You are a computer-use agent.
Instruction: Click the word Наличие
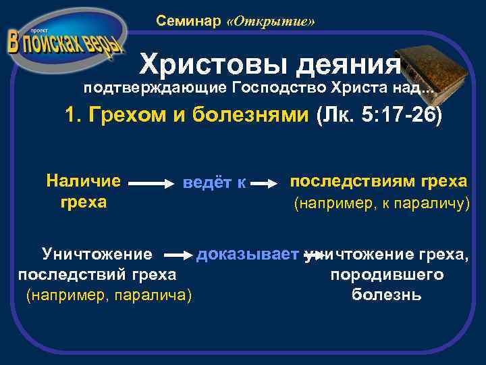[84, 180]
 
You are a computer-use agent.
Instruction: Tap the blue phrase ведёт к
[214, 183]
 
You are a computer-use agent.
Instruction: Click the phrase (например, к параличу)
[381, 203]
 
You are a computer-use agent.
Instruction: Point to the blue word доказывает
[247, 255]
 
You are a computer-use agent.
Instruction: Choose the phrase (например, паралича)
[109, 295]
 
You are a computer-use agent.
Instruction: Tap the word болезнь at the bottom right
[387, 295]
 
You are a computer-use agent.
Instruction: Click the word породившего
[387, 275]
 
